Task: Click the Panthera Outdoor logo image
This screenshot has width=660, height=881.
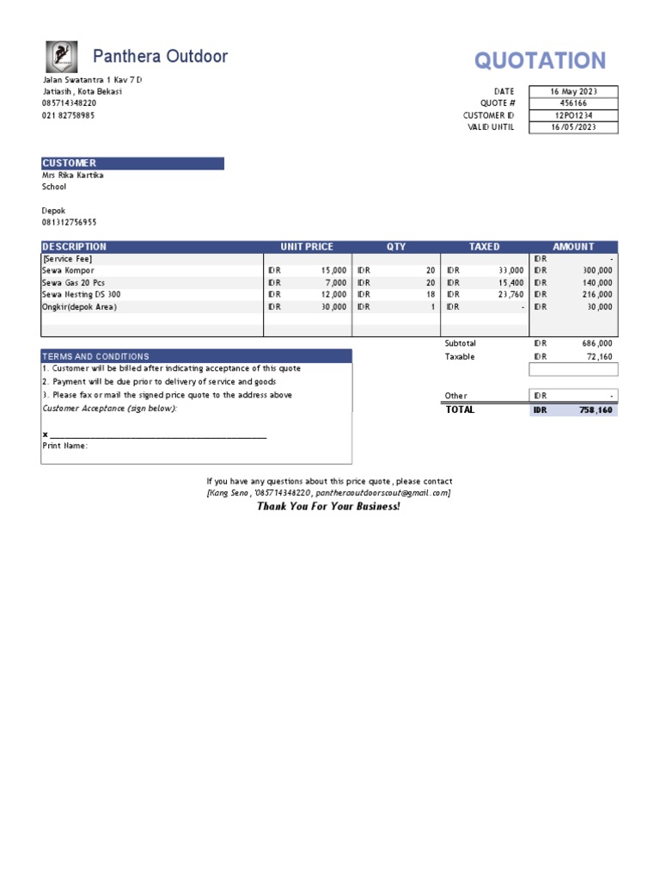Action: click(61, 57)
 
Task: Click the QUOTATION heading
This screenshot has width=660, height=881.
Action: click(540, 60)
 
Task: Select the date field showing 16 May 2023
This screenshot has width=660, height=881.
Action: click(573, 91)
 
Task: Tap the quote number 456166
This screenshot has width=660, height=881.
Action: click(573, 103)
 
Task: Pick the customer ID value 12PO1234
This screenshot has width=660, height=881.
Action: click(573, 115)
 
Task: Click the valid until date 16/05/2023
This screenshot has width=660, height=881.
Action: click(573, 127)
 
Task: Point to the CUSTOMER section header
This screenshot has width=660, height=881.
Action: click(70, 163)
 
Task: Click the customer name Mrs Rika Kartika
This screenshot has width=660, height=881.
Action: click(73, 175)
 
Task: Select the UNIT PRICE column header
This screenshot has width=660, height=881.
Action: click(307, 247)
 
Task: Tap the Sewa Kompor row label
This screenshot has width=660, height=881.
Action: click(68, 270)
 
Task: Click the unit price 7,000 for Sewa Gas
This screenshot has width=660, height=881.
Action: click(334, 282)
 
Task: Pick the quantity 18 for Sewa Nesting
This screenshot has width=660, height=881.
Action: click(431, 294)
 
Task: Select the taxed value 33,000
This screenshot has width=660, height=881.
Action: click(510, 270)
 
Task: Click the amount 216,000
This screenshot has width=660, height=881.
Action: click(598, 294)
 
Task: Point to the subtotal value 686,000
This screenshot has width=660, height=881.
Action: click(598, 343)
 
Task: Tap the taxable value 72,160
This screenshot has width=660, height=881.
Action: click(598, 356)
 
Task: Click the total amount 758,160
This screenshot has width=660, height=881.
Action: click(596, 410)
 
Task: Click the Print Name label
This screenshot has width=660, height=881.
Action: click(65, 446)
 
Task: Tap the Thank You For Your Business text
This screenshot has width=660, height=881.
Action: click(328, 507)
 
